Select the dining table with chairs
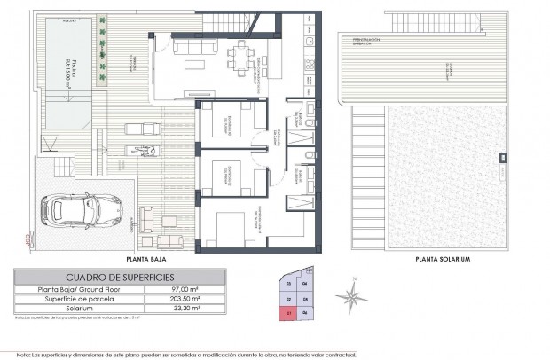(x=239, y=59)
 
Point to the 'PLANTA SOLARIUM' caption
(x=442, y=259)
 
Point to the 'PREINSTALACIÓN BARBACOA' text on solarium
(x=373, y=40)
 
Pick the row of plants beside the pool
(x=106, y=53)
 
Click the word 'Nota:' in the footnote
(x=23, y=352)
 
